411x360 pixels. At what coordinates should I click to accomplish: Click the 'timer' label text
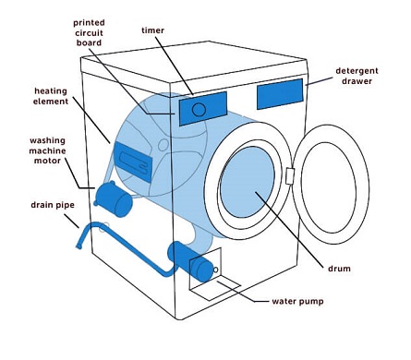coord(152,30)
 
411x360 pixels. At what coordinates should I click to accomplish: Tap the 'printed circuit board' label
coord(89,32)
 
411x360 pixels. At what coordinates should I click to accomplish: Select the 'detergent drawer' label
coord(357,76)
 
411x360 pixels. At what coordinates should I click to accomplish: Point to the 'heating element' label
coord(51,96)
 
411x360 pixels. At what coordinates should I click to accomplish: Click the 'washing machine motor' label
coord(47,150)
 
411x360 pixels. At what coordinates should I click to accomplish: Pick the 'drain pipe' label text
coord(53,205)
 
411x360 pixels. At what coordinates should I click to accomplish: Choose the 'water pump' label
coord(297,301)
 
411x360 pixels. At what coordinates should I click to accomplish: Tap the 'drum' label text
coord(339,269)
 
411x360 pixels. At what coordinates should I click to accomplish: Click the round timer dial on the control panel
coord(199,110)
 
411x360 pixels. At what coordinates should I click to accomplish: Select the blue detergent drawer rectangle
coord(280,94)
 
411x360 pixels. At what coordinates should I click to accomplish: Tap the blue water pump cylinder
coord(191,261)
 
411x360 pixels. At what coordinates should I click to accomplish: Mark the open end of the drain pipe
coord(79,246)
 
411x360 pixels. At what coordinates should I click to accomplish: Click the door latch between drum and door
coord(289,176)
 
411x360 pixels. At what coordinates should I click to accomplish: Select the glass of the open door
coord(329,187)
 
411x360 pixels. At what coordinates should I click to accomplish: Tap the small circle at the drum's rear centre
coord(163,144)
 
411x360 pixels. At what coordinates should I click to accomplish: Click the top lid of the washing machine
coord(194,62)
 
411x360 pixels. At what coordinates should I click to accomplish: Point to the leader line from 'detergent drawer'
coord(320,81)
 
